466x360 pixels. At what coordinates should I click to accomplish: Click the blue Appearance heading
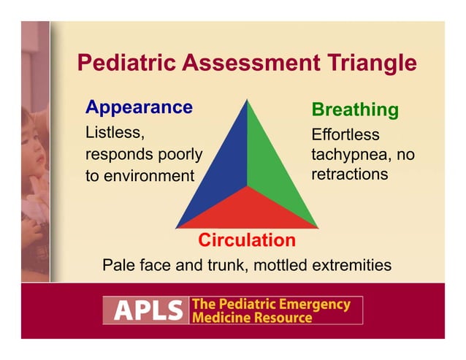click(x=139, y=107)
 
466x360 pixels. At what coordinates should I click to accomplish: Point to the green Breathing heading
click(x=355, y=110)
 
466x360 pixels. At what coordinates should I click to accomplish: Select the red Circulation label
click(x=247, y=240)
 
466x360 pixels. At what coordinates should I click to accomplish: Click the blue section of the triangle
click(x=219, y=175)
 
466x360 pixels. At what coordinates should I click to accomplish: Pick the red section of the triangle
click(x=247, y=212)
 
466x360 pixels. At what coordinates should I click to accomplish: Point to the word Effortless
click(x=345, y=135)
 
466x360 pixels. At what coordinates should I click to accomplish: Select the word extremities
click(x=353, y=264)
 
